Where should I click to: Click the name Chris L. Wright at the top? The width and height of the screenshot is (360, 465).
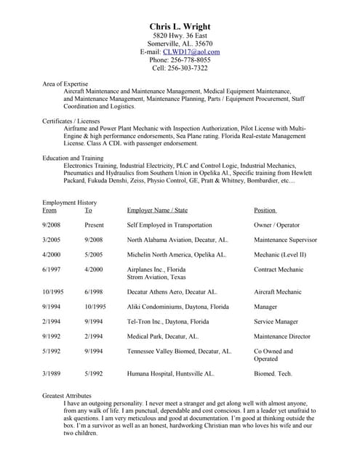(180, 27)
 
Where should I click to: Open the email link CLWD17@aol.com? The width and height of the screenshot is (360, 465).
(191, 52)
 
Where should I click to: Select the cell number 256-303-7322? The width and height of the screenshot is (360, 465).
(190, 68)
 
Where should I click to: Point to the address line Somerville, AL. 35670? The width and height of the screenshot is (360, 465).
(180, 44)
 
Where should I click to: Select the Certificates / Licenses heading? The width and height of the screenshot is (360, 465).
(71, 120)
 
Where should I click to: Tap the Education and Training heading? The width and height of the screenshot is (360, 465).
(73, 158)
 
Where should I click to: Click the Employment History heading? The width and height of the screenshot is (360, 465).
(70, 203)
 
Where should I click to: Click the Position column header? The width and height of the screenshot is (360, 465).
(265, 210)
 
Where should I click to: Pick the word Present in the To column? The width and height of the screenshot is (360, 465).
(94, 225)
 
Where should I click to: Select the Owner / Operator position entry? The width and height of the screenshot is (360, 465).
(276, 225)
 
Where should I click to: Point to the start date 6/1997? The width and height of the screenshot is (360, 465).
(51, 270)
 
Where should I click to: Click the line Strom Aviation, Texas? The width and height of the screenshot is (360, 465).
(156, 277)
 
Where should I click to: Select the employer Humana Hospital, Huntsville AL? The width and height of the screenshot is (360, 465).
(170, 373)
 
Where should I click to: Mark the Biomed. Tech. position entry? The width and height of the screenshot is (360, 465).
(273, 373)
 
